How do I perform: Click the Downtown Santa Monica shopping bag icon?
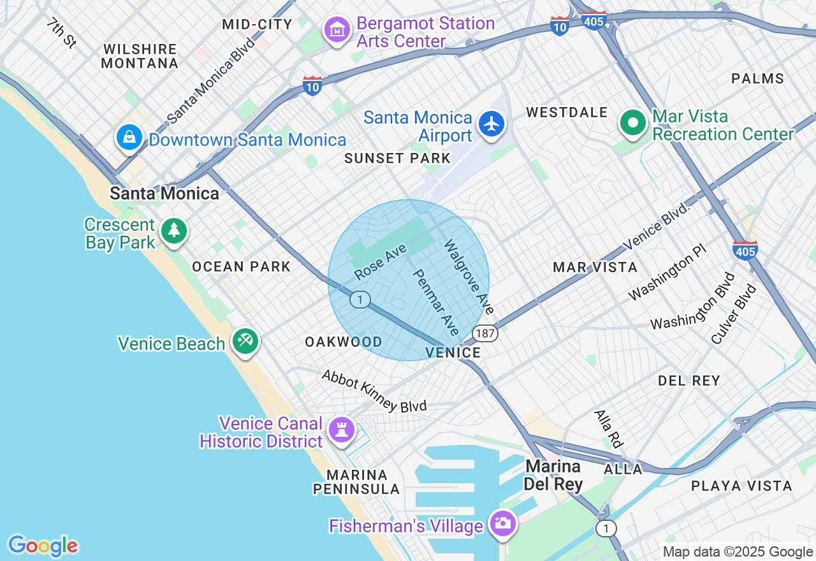tap(129, 137)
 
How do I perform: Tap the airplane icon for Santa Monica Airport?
tap(491, 124)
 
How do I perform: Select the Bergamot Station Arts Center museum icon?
tap(337, 29)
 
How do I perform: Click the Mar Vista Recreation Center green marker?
tap(633, 122)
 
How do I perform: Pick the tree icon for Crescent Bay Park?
tap(173, 231)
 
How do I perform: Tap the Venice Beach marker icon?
tap(245, 341)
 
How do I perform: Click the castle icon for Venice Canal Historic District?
tap(341, 430)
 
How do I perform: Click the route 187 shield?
tap(485, 333)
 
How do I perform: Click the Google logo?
tap(43, 546)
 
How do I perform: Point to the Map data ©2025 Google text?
tap(738, 552)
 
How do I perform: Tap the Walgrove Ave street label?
tap(469, 277)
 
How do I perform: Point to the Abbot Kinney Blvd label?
tap(374, 391)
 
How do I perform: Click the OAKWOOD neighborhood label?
tap(343, 342)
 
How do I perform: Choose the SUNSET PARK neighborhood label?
tap(397, 158)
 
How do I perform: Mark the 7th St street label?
tap(61, 33)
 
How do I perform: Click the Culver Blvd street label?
tap(734, 314)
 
